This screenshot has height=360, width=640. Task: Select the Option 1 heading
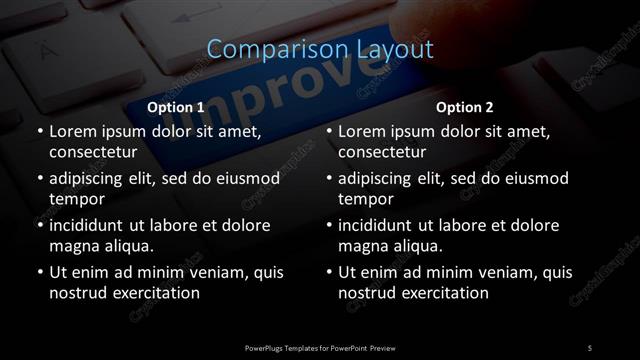click(x=175, y=106)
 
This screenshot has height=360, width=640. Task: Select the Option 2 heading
click(x=465, y=106)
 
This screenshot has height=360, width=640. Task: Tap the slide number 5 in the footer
click(x=590, y=347)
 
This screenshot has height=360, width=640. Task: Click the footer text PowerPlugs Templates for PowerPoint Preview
click(x=320, y=347)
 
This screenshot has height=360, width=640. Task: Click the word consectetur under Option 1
click(x=92, y=154)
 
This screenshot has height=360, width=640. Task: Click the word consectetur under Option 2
click(x=382, y=154)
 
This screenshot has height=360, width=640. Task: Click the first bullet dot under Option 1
click(x=39, y=131)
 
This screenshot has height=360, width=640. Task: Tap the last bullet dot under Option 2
click(x=329, y=272)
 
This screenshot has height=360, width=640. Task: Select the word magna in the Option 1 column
click(x=73, y=247)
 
